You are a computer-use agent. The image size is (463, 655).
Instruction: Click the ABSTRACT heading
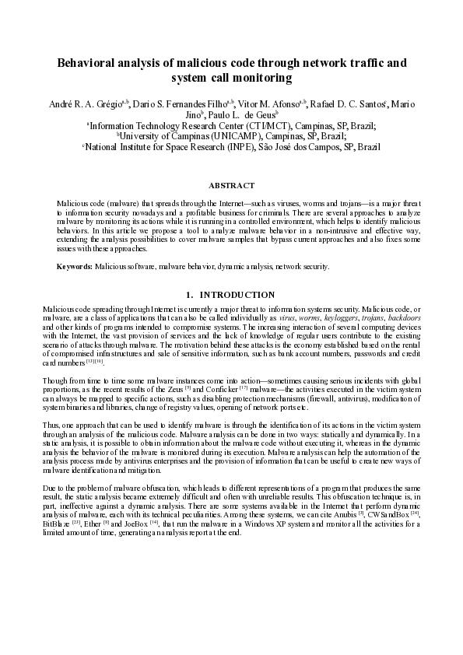pos(231,185)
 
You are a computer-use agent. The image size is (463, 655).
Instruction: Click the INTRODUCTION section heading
pos(238,295)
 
